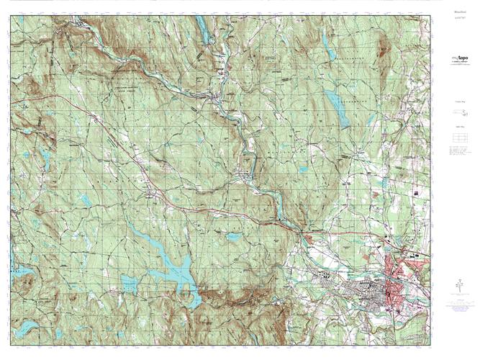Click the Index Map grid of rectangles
458,138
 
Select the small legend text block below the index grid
458,154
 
